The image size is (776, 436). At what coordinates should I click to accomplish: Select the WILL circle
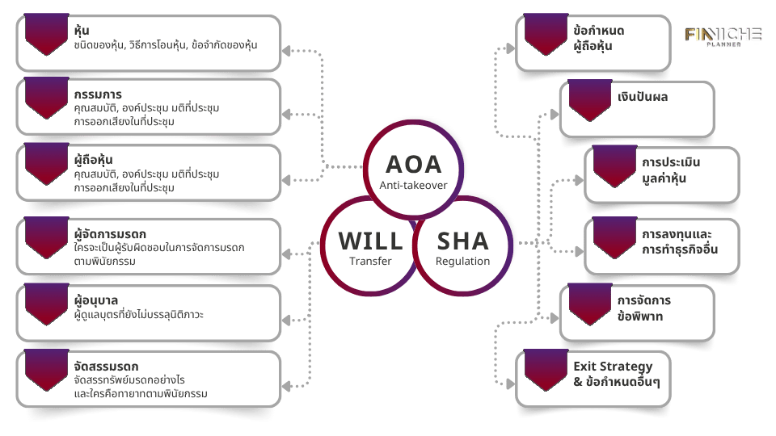(x=370, y=245)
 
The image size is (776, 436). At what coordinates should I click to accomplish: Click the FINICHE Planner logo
(x=723, y=37)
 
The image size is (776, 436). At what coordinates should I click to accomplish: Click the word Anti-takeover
(x=413, y=186)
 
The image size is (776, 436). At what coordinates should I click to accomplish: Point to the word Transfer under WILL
(x=370, y=261)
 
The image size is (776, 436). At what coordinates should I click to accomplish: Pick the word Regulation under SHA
(x=462, y=261)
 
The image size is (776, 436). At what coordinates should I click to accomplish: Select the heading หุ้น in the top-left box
(x=81, y=31)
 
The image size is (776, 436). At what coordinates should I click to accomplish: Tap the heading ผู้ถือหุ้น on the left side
(x=92, y=160)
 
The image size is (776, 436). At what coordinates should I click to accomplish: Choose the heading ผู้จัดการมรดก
(x=109, y=234)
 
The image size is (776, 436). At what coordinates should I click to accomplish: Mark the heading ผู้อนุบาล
(x=95, y=300)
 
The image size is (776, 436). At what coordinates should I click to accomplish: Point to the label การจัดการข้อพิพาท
(x=643, y=308)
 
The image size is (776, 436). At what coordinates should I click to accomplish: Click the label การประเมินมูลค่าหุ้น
(x=670, y=170)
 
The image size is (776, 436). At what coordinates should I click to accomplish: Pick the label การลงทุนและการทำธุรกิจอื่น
(x=679, y=241)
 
